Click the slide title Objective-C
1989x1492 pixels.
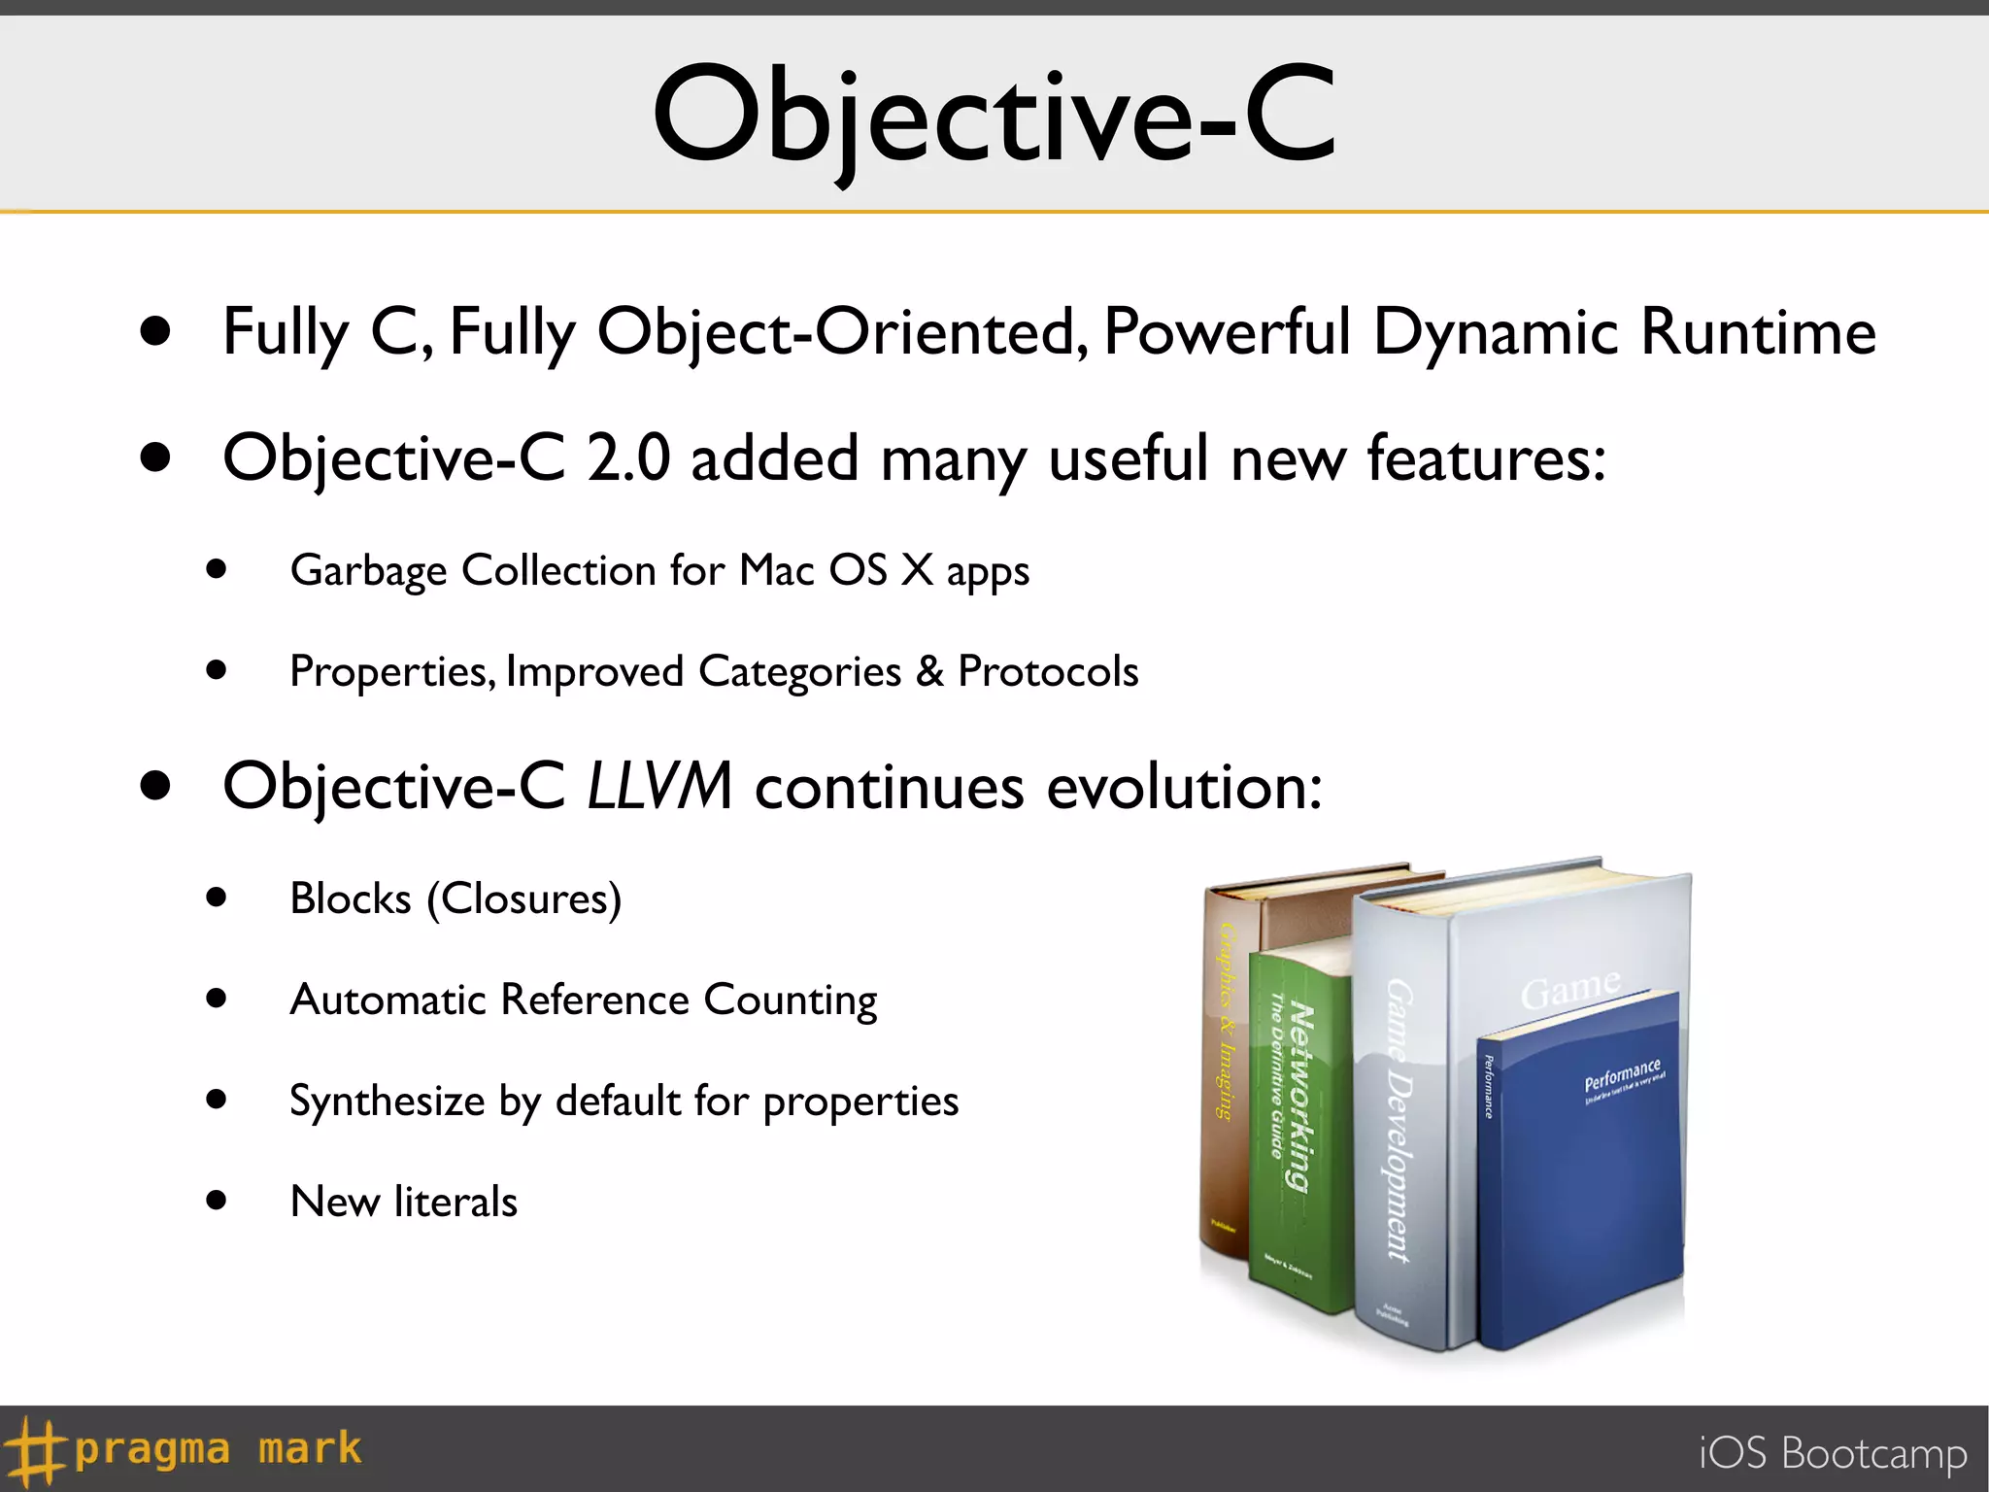click(x=994, y=115)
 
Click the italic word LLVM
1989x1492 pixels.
click(x=659, y=785)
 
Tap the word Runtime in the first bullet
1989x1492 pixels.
click(x=1758, y=332)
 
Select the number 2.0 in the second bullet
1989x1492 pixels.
click(x=628, y=458)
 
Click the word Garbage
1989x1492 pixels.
click(x=368, y=570)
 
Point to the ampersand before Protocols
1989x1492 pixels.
click(x=929, y=671)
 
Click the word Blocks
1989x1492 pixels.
click(x=351, y=899)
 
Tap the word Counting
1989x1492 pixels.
click(x=791, y=1000)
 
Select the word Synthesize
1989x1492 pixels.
click(x=387, y=1102)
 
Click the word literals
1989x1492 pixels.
click(x=455, y=1203)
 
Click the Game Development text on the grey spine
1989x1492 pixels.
click(x=1399, y=1117)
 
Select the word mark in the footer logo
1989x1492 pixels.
click(x=309, y=1448)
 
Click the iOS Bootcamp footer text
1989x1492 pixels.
click(x=1832, y=1453)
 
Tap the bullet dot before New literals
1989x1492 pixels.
click(x=217, y=1201)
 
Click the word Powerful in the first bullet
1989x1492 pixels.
click(x=1226, y=332)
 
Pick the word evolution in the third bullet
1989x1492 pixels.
click(x=1183, y=786)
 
